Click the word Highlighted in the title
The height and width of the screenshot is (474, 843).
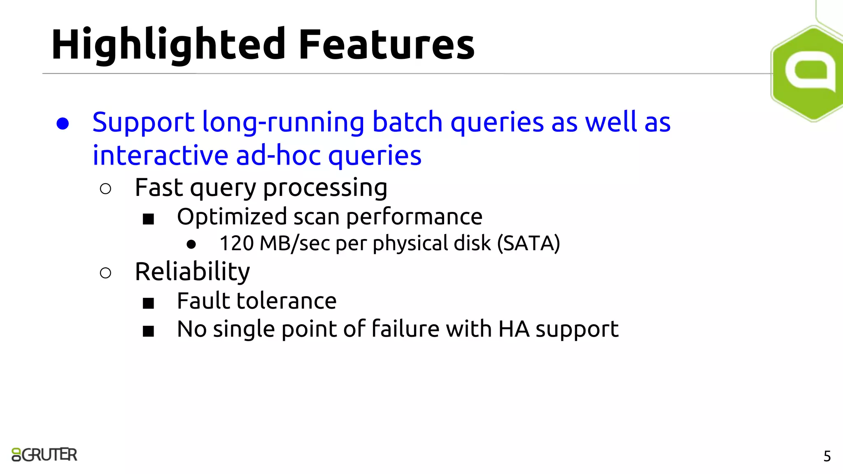coord(168,44)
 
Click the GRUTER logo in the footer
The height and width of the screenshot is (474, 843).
coord(44,455)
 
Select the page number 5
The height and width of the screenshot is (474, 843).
coord(827,456)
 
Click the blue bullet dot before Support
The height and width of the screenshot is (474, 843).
coord(63,123)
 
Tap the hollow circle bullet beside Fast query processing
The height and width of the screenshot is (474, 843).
coord(105,189)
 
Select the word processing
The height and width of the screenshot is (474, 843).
coord(325,188)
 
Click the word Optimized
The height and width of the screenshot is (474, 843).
coord(232,217)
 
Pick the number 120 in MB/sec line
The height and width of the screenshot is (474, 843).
coord(236,243)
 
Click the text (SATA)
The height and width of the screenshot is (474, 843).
coord(528,243)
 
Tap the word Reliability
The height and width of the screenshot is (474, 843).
coord(192,272)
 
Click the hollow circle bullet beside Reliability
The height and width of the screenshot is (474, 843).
coord(105,273)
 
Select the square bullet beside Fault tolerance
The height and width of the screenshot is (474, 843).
coord(148,304)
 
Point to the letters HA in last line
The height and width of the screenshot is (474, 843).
coord(513,329)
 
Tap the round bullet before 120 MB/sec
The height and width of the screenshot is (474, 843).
coord(191,244)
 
